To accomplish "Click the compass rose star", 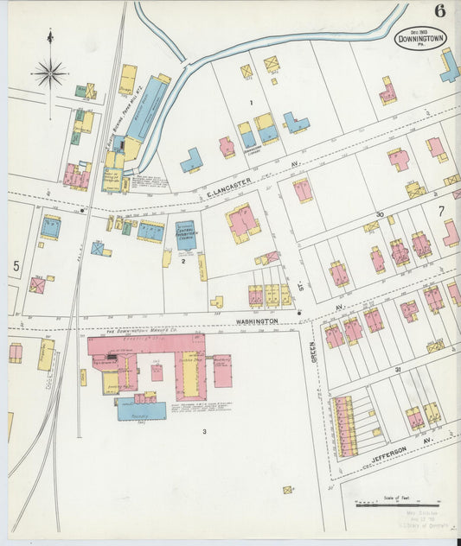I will coord(49,73).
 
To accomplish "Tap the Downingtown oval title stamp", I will coord(421,38).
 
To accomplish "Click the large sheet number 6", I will coord(440,11).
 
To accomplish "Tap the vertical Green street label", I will coord(313,350).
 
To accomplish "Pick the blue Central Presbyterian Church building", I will coord(186,236).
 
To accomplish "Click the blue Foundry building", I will coord(141,410).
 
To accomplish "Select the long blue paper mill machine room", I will coord(148,108).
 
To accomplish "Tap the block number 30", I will coord(380,214).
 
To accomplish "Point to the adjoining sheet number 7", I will coord(440,210).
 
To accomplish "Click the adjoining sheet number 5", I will coord(16,265).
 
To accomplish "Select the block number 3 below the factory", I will coord(204,431).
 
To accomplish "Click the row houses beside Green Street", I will coord(344,426).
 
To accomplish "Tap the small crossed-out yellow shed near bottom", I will coord(287,490).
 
